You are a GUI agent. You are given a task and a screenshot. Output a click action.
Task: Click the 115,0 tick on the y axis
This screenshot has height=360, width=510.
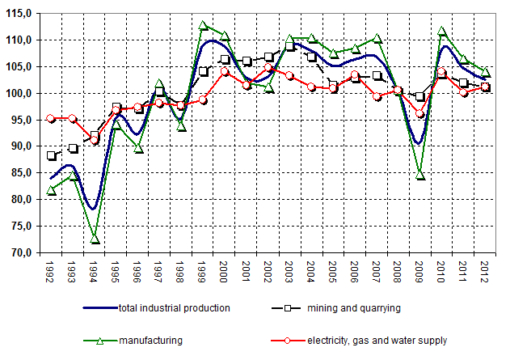(x=19, y=14)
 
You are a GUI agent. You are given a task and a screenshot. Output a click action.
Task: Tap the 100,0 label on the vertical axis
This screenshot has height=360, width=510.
(x=19, y=93)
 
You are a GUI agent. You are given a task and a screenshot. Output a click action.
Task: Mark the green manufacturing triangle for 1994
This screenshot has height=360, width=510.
(x=95, y=239)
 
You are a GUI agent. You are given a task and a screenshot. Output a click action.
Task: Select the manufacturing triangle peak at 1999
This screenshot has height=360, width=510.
(x=203, y=25)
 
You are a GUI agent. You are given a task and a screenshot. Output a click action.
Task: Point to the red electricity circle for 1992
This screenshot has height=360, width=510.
(x=52, y=118)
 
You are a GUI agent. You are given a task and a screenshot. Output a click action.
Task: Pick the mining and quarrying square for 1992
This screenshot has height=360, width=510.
(x=52, y=155)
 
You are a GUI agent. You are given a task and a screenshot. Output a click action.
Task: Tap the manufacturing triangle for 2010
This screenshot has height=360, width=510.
(x=441, y=31)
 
